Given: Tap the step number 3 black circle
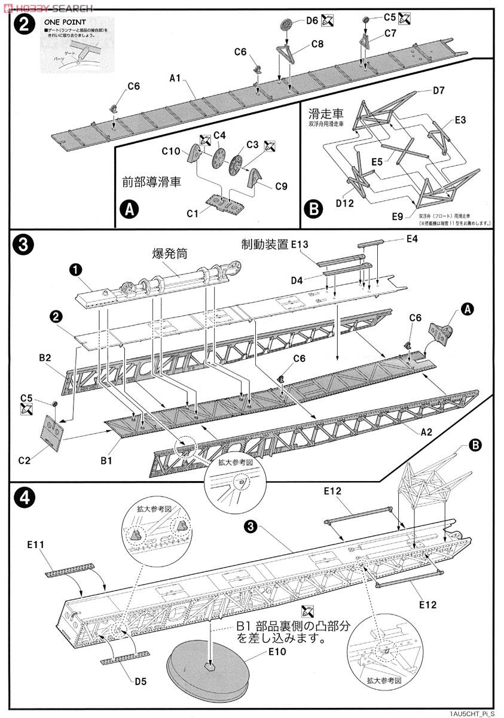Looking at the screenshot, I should click(22, 245).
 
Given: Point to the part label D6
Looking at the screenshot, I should click(311, 20).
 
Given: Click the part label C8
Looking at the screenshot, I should click(317, 44).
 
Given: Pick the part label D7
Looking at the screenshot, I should click(439, 90).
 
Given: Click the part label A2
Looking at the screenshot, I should click(426, 431).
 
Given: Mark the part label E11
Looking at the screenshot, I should click(36, 545).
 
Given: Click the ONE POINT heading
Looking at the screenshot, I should click(65, 22).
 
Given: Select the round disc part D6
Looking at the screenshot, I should click(288, 24).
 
